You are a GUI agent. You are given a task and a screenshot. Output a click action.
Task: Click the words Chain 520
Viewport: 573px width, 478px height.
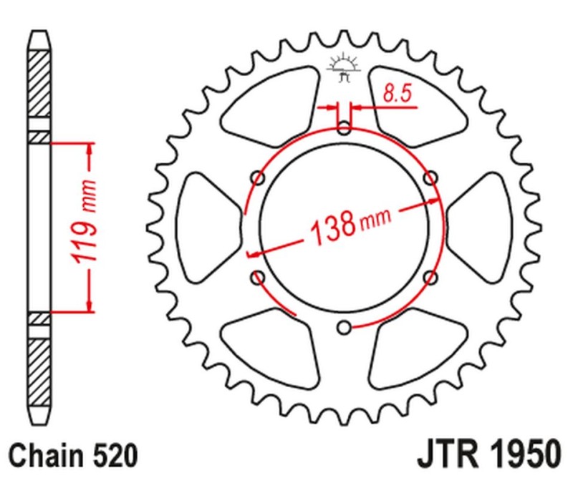72,455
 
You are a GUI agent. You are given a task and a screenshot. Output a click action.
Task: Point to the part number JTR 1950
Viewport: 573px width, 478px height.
485,455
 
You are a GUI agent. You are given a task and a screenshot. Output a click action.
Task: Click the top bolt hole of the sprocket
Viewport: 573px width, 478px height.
345,130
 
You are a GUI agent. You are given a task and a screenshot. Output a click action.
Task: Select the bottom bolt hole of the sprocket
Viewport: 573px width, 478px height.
345,327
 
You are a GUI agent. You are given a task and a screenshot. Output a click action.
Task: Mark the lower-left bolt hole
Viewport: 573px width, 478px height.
259,277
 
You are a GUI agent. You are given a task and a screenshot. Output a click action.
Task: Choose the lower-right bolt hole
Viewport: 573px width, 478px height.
430,277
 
